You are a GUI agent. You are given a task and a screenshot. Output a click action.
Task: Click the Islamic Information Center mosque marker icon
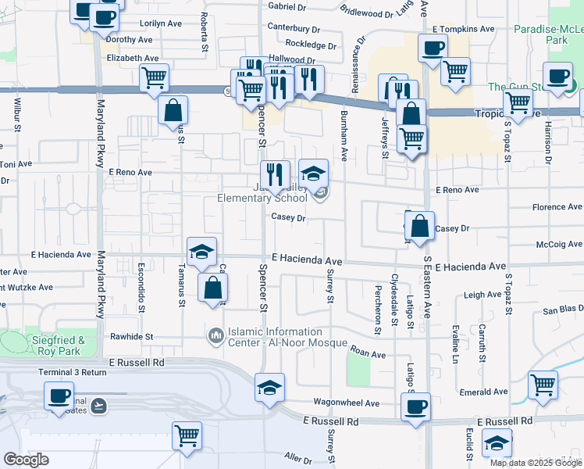(x=215, y=336)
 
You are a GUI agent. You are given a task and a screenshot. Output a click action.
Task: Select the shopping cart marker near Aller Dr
(x=187, y=435)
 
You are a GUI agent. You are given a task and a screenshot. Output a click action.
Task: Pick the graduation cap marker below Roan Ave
(x=269, y=387)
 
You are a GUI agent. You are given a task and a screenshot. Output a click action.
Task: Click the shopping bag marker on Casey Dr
(x=420, y=226)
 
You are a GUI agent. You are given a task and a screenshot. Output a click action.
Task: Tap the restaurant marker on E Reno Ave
(x=274, y=174)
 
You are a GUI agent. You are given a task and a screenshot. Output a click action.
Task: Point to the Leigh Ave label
(x=482, y=295)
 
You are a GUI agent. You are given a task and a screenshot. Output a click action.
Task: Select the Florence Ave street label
(x=557, y=207)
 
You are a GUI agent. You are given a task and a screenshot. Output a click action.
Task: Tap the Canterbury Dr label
(x=296, y=27)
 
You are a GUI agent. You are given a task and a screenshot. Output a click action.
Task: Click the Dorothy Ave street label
(x=130, y=39)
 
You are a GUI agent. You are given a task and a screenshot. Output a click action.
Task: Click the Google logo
(x=27, y=460)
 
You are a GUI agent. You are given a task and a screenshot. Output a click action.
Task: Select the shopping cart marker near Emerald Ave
(x=543, y=384)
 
